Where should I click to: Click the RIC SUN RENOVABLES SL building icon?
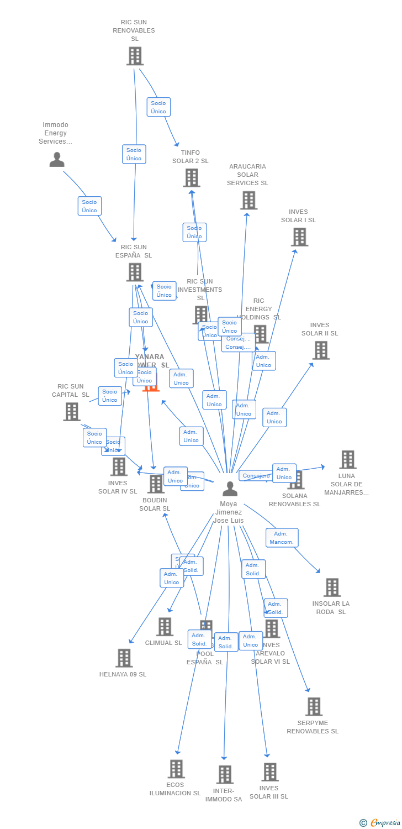tap(135, 56)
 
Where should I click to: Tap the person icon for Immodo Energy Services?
tap(57, 160)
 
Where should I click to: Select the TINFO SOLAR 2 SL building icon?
tap(192, 177)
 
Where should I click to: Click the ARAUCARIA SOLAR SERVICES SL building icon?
tap(248, 200)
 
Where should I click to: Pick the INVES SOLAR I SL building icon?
tap(299, 237)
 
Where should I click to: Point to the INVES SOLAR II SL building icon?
tap(321, 350)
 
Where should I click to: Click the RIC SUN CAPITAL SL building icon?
tap(72, 411)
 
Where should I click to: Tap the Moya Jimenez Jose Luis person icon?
tap(230, 489)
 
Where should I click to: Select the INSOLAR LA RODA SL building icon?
tap(332, 587)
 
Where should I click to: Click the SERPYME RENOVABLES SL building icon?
tap(314, 706)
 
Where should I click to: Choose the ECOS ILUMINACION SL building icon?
tap(176, 768)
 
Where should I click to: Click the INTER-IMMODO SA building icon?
tap(224, 774)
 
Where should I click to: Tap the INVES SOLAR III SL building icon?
tap(269, 772)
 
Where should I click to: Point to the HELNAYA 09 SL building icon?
tap(124, 658)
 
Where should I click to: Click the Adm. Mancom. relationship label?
tap(282, 538)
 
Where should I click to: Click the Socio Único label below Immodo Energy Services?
tap(89, 206)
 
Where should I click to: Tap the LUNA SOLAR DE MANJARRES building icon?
tap(347, 459)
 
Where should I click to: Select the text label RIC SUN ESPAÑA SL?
tap(134, 251)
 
